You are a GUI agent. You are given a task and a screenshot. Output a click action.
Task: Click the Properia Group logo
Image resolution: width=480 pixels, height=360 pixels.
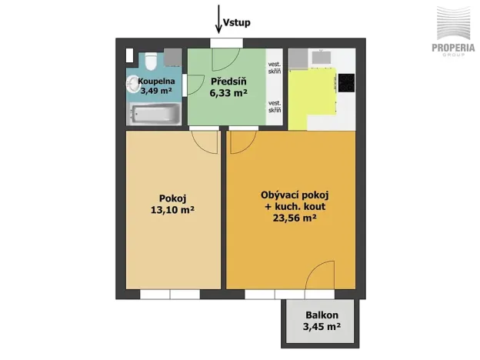tap(452, 31)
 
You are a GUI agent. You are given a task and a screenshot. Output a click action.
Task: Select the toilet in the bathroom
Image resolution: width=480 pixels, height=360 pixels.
tap(152, 59)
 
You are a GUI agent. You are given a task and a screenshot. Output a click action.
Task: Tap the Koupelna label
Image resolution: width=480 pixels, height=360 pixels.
tap(156, 80)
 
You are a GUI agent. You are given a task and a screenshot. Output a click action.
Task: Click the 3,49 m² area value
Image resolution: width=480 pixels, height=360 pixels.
tap(155, 90)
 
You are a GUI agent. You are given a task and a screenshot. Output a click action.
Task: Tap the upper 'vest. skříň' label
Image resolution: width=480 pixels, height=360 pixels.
tap(274, 68)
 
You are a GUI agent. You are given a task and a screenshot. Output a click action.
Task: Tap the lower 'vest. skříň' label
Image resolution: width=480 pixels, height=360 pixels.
tap(274, 106)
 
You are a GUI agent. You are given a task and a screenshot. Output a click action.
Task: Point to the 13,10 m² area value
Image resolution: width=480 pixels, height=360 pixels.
tap(172, 208)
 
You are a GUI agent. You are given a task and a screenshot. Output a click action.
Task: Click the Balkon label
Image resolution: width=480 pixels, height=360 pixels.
tap(322, 315)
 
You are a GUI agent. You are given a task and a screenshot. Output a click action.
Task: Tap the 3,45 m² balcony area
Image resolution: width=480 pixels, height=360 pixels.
tap(322, 328)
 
